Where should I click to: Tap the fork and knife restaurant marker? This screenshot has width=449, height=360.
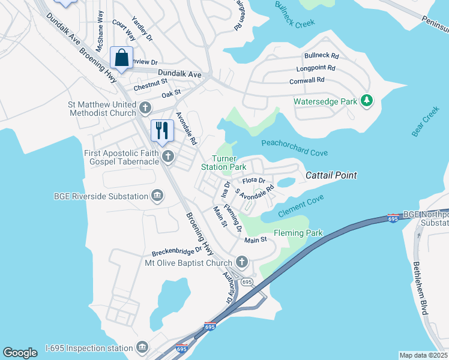(x=162, y=131)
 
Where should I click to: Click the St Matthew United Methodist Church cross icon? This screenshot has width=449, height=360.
(x=145, y=108)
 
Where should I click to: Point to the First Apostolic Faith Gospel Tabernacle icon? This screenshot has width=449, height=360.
(x=169, y=157)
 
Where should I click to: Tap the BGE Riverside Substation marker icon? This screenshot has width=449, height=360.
(x=157, y=196)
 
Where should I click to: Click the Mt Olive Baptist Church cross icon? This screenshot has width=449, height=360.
(x=241, y=262)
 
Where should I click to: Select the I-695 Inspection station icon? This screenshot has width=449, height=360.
(x=142, y=347)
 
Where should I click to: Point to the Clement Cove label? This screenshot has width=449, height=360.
(x=301, y=204)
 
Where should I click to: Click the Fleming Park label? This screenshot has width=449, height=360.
(x=298, y=233)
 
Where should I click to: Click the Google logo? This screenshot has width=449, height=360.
(x=20, y=353)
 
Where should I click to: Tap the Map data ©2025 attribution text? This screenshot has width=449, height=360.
(x=423, y=355)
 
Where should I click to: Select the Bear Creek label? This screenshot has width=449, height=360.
(x=426, y=122)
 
